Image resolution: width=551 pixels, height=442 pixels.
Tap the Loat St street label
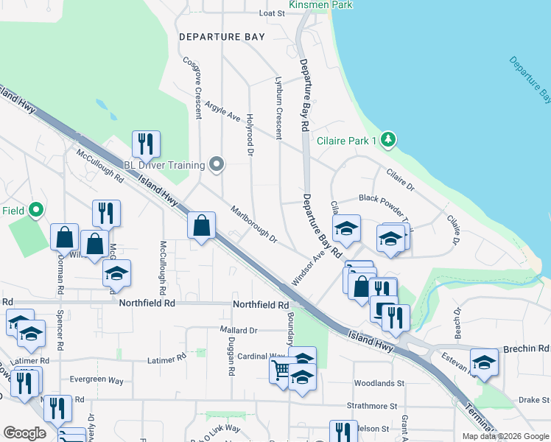pos(271,13)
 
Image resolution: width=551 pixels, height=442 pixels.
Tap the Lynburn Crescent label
pos(278,108)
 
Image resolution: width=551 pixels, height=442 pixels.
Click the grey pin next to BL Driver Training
pos(216,164)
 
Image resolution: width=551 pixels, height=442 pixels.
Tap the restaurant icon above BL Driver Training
pos(145,144)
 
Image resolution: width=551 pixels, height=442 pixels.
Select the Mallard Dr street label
pos(238,330)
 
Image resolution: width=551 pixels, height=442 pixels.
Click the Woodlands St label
pos(379,383)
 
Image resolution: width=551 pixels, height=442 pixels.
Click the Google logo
pos(24,433)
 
